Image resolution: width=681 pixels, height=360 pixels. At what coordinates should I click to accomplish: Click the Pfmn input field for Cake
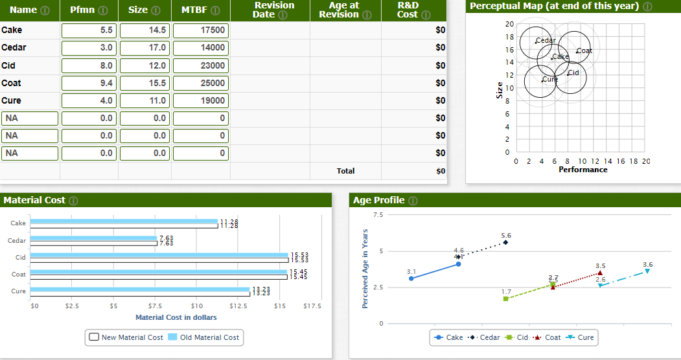(89, 30)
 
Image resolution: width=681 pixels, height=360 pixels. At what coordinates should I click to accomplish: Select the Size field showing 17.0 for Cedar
(144, 48)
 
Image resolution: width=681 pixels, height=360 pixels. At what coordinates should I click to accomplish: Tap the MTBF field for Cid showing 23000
(200, 65)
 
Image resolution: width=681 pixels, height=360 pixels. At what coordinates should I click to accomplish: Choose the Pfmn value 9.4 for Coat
(89, 83)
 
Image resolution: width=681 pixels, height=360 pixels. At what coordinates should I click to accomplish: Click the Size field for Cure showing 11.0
(144, 100)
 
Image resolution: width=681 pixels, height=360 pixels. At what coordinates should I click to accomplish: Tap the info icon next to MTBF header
(217, 11)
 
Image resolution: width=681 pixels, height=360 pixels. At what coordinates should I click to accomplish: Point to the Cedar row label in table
(14, 48)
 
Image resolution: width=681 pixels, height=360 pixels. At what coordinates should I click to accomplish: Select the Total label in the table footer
(345, 171)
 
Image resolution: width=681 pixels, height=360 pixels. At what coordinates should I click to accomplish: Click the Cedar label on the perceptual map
(546, 40)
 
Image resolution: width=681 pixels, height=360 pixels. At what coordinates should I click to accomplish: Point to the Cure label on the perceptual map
(549, 78)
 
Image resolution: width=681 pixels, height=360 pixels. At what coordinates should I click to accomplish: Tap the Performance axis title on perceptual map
(583, 170)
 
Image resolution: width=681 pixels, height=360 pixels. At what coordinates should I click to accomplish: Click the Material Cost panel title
(34, 200)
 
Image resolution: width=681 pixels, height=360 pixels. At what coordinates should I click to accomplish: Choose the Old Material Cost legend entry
(203, 337)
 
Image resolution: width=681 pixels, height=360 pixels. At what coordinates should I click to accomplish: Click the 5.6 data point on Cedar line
(505, 242)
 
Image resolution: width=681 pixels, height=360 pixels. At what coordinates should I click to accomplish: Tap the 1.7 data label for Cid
(506, 291)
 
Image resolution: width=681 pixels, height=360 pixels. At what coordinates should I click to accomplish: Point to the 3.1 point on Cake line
(411, 278)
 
